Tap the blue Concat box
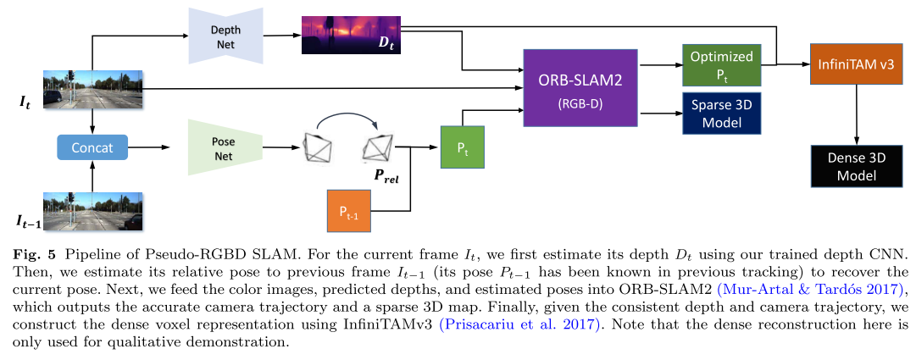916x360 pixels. point(91,147)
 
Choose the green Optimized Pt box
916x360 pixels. point(721,65)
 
